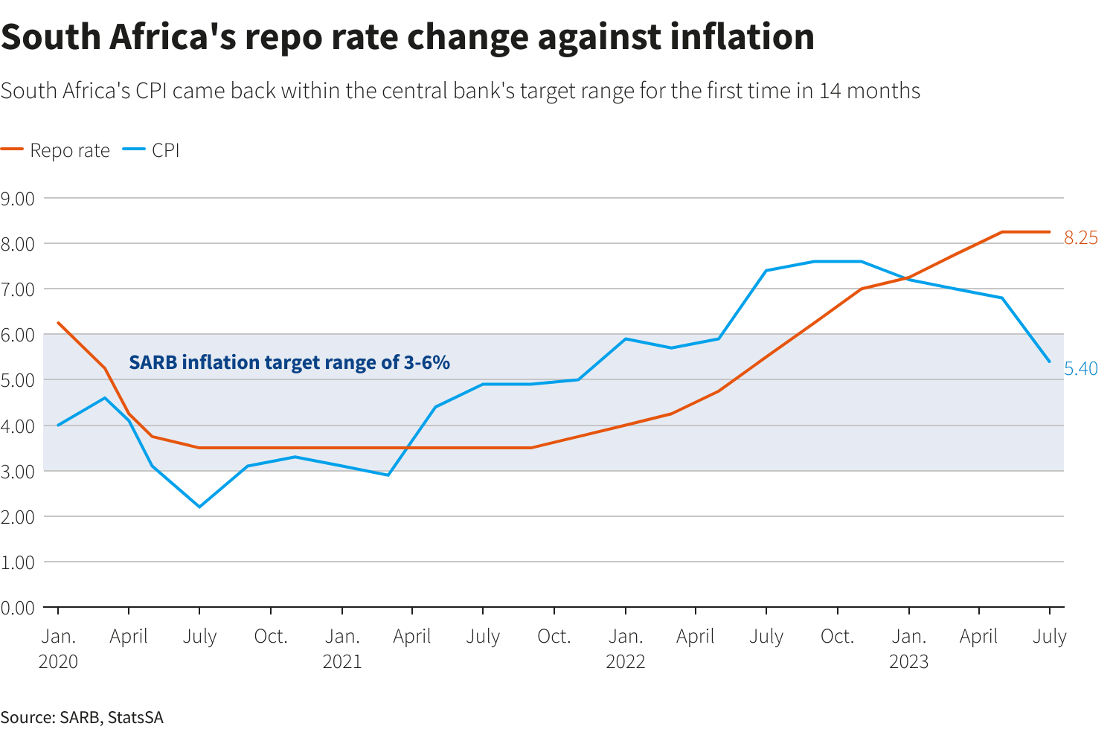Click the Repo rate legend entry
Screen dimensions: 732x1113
(x=56, y=150)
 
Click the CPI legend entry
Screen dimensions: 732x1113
(x=153, y=150)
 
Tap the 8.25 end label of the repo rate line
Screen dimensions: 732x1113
(x=1080, y=238)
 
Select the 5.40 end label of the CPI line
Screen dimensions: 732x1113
(x=1080, y=369)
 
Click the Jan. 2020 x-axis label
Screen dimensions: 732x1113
(x=58, y=649)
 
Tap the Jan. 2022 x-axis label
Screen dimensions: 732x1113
(x=625, y=649)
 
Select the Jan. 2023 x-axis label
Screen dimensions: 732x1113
(x=908, y=649)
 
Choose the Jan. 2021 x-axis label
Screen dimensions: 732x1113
(x=341, y=649)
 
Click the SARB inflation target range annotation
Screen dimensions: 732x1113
(x=289, y=362)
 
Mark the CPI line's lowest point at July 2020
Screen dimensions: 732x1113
(x=199, y=507)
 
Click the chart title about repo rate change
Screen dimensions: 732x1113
(x=408, y=37)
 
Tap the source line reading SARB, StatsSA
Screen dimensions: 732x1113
(x=82, y=717)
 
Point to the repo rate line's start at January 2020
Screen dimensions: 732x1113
(x=58, y=323)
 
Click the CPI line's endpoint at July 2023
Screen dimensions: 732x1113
(x=1049, y=362)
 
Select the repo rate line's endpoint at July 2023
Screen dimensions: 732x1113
(x=1049, y=232)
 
